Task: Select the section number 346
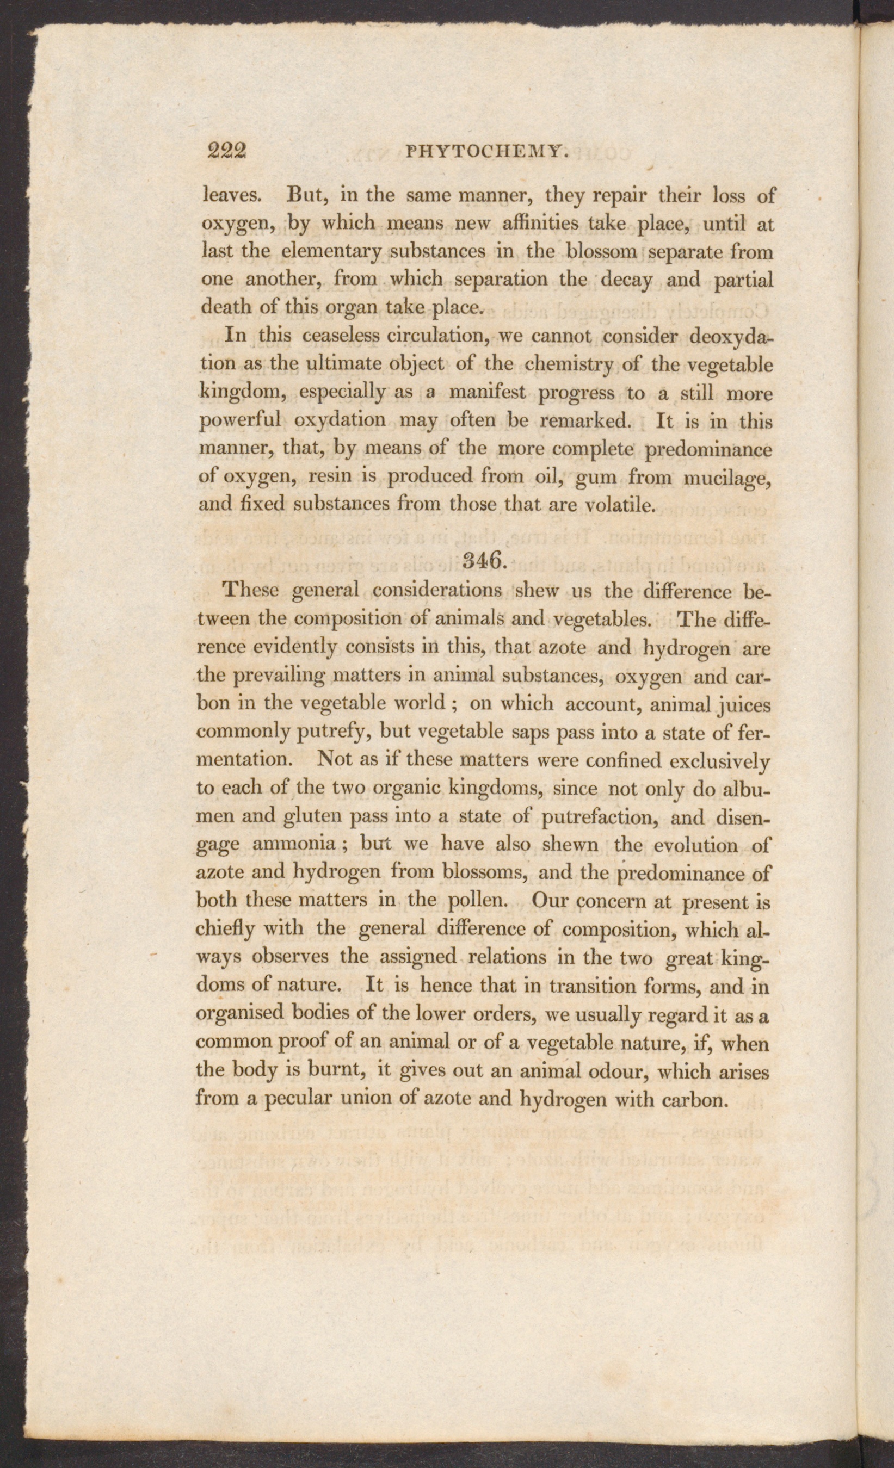point(483,561)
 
